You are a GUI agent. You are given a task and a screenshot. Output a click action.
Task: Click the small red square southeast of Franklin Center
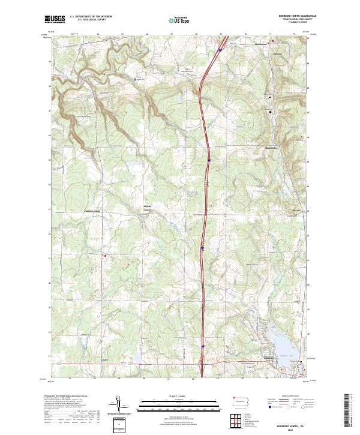[106, 257]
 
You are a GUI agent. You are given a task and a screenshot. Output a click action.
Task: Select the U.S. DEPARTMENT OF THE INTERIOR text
[91, 17]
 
